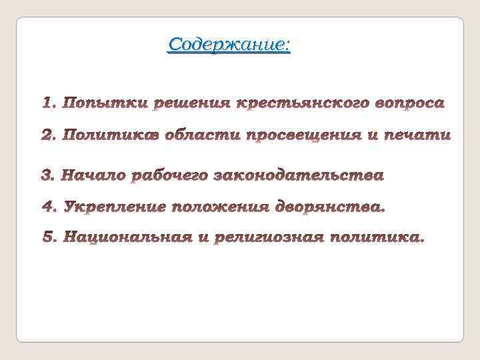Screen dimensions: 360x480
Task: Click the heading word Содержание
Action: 229,45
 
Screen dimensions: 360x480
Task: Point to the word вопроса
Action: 400,104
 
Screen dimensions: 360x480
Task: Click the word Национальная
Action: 127,238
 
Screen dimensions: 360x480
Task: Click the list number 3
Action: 47,176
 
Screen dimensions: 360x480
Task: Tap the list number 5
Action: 49,238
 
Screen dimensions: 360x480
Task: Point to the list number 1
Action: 47,104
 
